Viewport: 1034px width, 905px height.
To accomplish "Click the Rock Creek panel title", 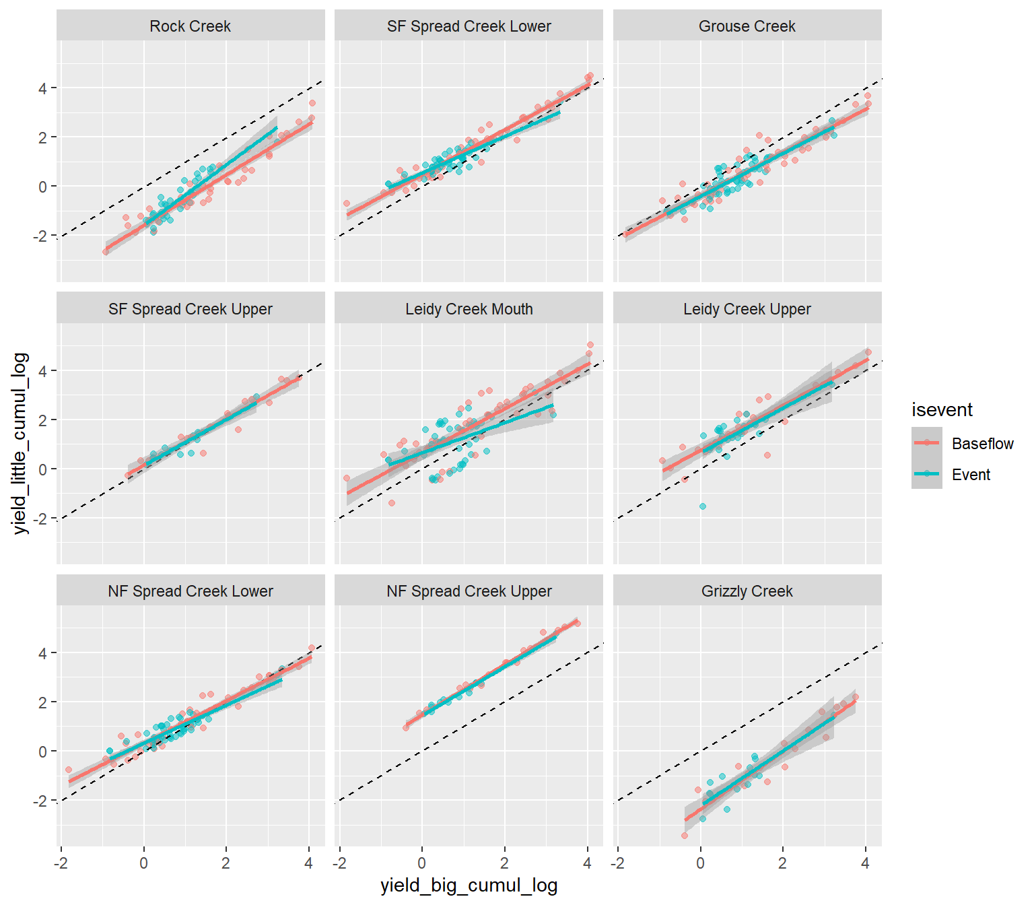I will (190, 26).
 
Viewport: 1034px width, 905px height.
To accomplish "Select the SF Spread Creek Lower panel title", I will (469, 26).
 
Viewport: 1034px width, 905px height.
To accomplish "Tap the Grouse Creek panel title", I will (747, 26).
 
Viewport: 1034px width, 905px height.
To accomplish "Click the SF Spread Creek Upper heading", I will (190, 309).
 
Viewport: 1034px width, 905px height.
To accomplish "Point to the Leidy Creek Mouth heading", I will (469, 309).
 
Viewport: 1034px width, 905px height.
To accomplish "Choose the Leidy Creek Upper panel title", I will (747, 309).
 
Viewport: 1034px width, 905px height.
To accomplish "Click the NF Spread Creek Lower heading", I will (190, 591).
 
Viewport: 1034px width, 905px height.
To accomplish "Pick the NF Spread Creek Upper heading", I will (469, 591).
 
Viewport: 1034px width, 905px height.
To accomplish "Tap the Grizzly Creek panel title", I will (747, 591).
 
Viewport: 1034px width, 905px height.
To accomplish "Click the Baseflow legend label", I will (982, 444).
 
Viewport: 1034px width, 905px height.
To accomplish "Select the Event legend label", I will (971, 475).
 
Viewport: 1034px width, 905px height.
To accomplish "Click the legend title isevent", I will (942, 410).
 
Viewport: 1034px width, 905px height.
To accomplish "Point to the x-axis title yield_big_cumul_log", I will (469, 885).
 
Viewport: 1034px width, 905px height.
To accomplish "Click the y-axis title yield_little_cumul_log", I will (21, 443).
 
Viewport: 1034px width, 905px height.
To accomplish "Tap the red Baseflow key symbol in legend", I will (927, 443).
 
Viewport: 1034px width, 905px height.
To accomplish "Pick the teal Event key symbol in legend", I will (927, 474).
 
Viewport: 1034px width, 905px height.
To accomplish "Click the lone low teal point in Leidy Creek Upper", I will (703, 506).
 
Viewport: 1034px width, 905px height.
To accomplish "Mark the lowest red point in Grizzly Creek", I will (685, 836).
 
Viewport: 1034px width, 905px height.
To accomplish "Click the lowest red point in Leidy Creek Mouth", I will (392, 503).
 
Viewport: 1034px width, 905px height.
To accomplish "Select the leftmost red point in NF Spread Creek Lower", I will (69, 770).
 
